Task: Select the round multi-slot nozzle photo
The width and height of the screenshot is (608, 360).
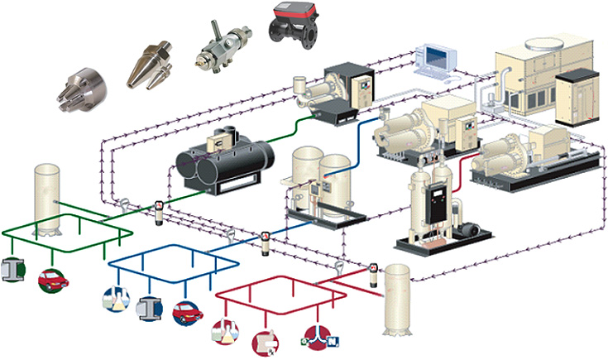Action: click(80, 89)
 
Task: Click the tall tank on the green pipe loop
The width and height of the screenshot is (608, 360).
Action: click(49, 199)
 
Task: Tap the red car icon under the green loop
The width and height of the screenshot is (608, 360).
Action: click(54, 278)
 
